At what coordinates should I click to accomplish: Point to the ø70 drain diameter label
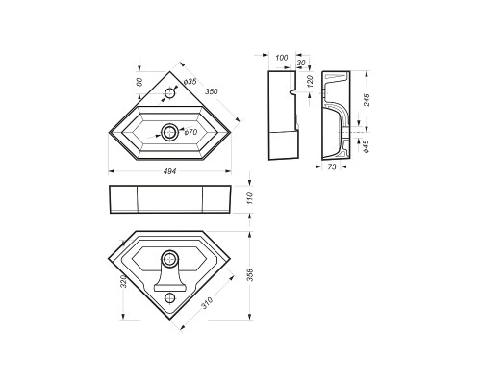pyautogui.click(x=189, y=132)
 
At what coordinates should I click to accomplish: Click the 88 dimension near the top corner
pyautogui.click(x=141, y=85)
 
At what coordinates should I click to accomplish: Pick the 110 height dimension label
pyautogui.click(x=250, y=197)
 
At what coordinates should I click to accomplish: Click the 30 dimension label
pyautogui.click(x=302, y=64)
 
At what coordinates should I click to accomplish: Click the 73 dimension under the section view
pyautogui.click(x=332, y=167)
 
